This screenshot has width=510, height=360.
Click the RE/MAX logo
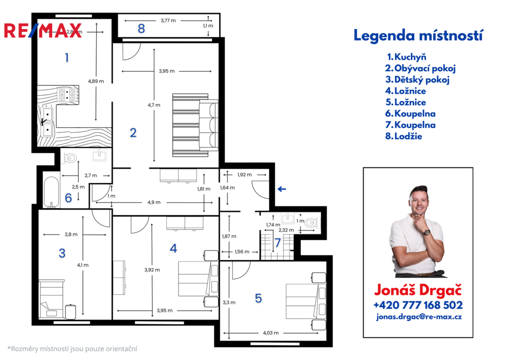click(x=43, y=30)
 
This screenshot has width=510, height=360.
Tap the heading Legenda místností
click(x=418, y=35)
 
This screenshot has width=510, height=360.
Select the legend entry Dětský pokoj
click(x=418, y=80)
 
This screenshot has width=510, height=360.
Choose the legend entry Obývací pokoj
click(x=420, y=68)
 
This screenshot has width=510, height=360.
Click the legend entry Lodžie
click(x=403, y=136)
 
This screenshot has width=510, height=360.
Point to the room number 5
click(x=258, y=298)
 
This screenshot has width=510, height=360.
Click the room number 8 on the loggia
click(x=141, y=28)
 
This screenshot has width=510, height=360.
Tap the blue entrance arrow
click(x=282, y=189)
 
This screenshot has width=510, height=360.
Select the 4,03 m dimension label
click(x=270, y=333)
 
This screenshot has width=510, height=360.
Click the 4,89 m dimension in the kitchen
click(x=96, y=81)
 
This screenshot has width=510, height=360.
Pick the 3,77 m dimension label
click(x=168, y=20)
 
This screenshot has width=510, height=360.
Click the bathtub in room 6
click(x=52, y=192)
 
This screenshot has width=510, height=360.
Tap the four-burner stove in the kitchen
click(x=67, y=95)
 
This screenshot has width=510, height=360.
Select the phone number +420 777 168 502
click(x=418, y=305)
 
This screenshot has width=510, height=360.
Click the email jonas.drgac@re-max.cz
click(x=419, y=317)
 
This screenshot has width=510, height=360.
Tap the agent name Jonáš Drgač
click(x=418, y=290)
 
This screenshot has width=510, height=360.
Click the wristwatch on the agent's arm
click(x=427, y=232)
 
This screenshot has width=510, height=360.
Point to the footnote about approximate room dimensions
click(x=72, y=349)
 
